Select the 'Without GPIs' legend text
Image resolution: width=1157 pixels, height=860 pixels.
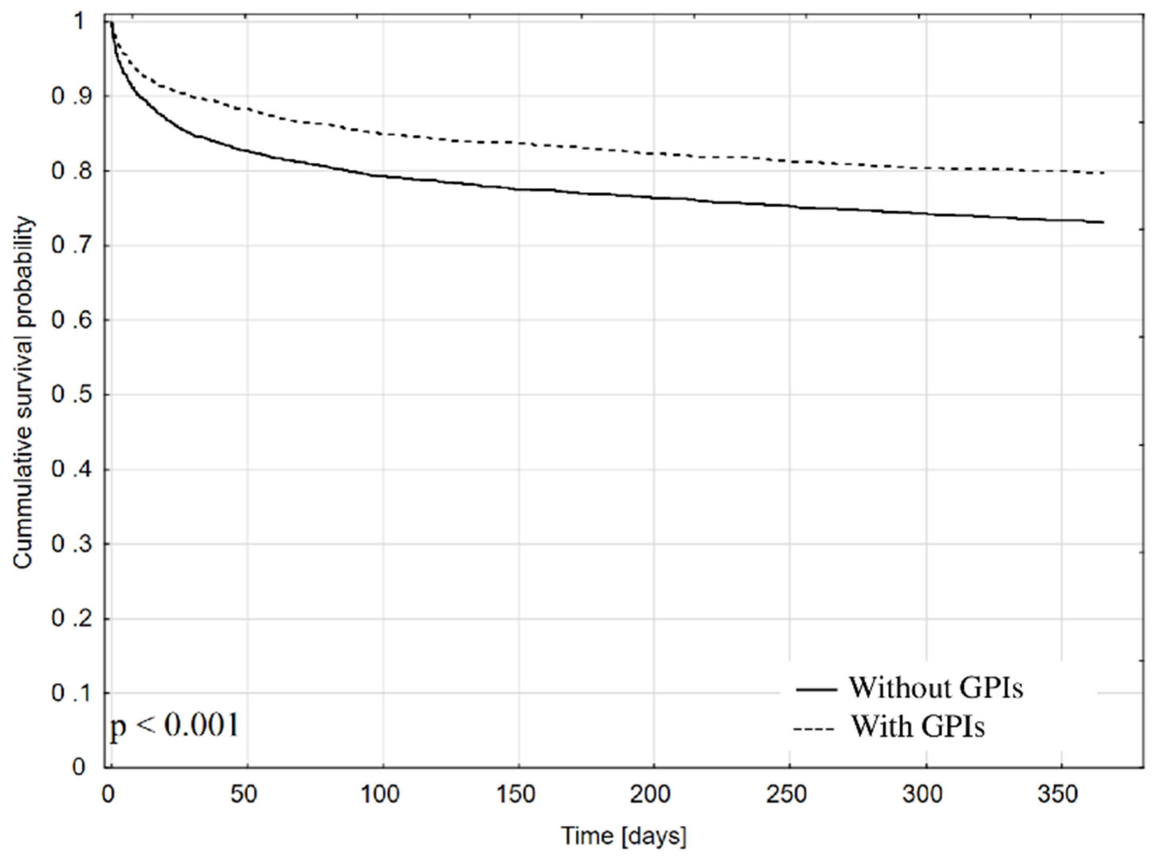(936, 688)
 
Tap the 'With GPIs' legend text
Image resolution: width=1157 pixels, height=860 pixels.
(917, 726)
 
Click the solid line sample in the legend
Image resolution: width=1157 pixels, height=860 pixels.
(816, 689)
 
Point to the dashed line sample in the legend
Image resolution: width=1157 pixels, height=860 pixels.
(813, 728)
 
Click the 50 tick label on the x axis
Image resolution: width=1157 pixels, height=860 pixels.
(244, 795)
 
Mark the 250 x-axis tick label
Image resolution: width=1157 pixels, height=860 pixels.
(787, 795)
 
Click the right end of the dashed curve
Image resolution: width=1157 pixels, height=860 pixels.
(1102, 172)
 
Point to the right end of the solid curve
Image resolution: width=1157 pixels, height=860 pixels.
(1102, 222)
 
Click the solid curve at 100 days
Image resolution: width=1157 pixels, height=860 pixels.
(383, 176)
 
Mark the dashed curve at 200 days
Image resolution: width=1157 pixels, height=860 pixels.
(654, 153)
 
